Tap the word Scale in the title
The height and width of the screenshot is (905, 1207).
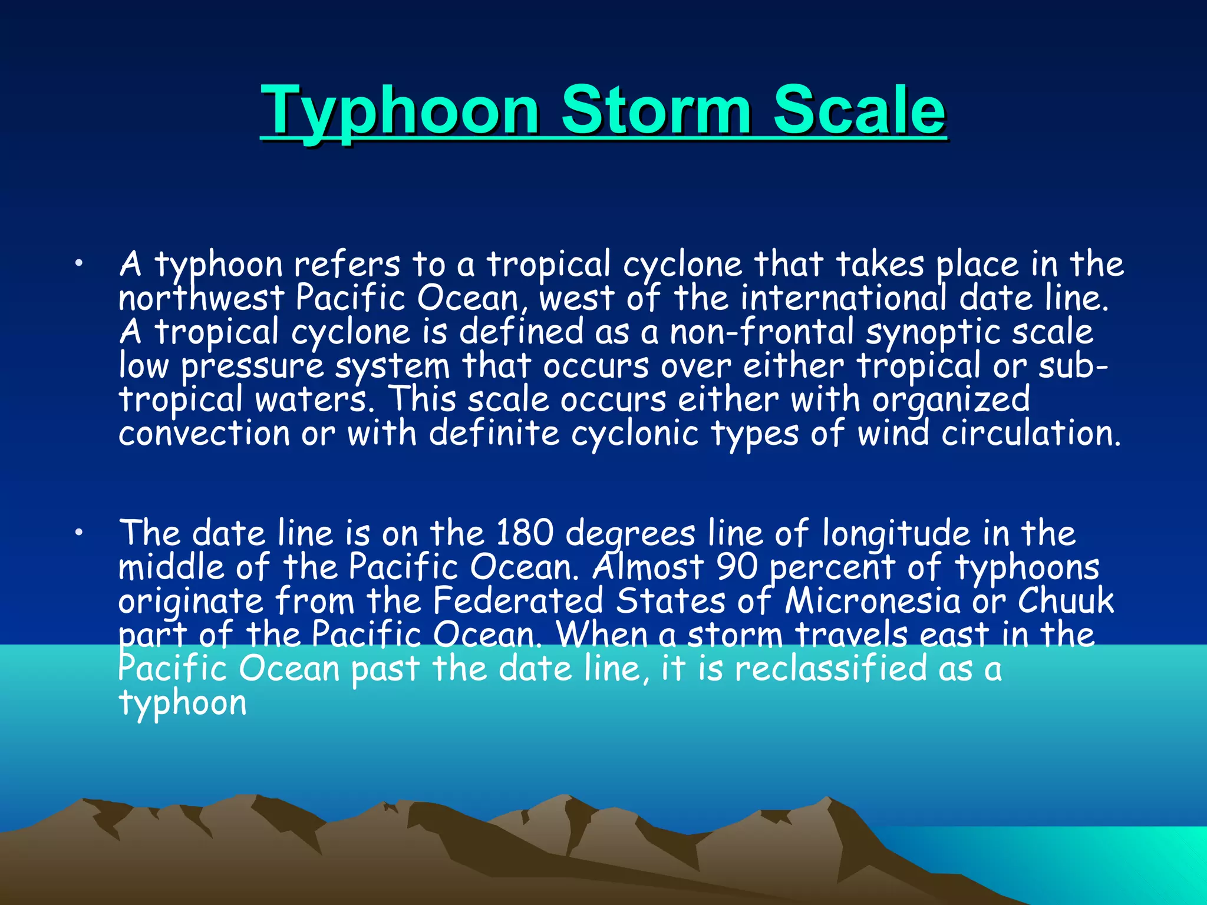click(859, 111)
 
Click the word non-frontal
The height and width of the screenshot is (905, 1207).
click(761, 332)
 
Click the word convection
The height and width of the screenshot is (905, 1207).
click(204, 434)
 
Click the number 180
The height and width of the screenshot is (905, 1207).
click(525, 533)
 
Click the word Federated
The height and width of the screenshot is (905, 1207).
click(518, 601)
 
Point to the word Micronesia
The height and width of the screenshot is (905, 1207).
click(873, 601)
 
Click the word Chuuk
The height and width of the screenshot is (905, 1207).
click(1066, 601)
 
